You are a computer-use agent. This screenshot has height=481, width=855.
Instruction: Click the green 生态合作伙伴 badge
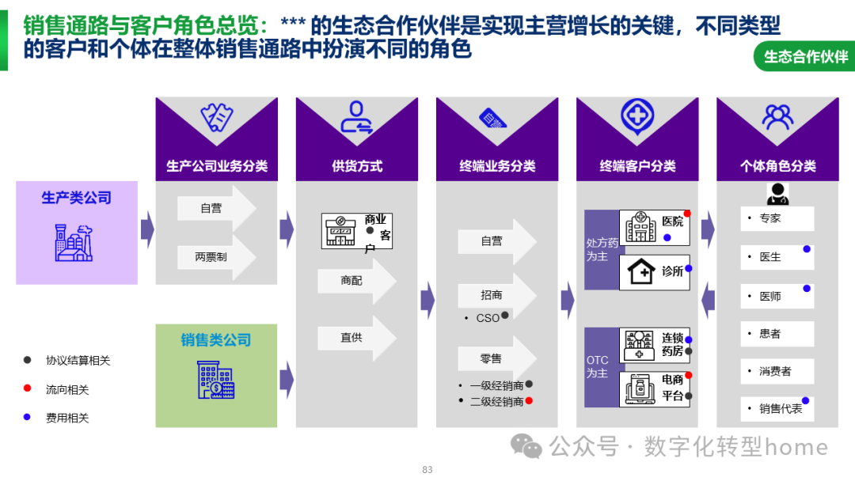(x=805, y=56)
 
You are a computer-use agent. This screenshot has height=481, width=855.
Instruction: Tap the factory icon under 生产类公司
(x=74, y=242)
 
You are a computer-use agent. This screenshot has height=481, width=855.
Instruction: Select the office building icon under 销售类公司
(x=215, y=380)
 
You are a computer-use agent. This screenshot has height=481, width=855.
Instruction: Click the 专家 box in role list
(x=776, y=218)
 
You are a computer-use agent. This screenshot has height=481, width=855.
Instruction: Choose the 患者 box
(x=776, y=334)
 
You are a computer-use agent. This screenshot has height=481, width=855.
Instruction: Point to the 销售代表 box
(x=776, y=409)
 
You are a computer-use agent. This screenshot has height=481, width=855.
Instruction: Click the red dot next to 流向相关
(x=27, y=388)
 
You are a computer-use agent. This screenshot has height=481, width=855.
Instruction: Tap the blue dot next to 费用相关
(x=27, y=417)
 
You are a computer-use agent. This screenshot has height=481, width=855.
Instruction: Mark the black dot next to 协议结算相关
(x=27, y=360)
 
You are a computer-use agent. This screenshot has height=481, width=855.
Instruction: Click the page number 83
(x=427, y=470)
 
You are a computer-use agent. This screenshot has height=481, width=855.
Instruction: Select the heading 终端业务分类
(x=497, y=166)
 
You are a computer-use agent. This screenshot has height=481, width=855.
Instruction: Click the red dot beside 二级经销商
(x=529, y=401)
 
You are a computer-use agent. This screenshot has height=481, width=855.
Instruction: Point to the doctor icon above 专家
(x=777, y=193)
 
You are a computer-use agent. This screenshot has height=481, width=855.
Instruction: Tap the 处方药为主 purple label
(x=597, y=250)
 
